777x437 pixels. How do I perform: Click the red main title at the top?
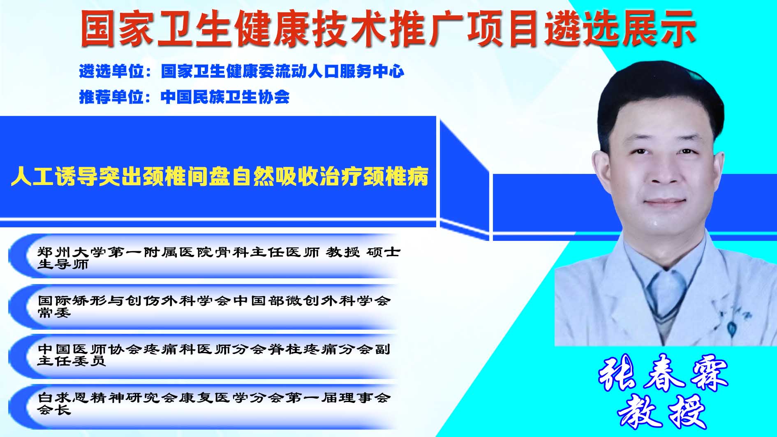(388, 28)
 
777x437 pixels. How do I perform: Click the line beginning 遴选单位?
(242, 72)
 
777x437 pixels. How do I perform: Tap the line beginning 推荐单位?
(184, 97)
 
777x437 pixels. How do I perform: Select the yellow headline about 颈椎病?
(220, 176)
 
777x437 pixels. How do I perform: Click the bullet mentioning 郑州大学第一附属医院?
(219, 258)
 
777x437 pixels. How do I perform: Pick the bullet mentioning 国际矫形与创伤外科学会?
(214, 306)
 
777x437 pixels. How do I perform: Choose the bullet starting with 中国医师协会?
(214, 355)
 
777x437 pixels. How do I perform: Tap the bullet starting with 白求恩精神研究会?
(214, 403)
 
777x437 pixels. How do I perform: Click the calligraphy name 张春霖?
(663, 373)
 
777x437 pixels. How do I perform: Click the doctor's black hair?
(658, 95)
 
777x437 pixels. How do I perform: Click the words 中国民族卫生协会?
(225, 97)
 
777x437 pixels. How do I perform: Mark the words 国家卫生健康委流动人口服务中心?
(283, 72)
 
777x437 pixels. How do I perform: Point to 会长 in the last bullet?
(54, 410)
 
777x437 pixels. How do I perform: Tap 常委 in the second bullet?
(54, 313)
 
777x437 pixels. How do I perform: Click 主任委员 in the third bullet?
(72, 361)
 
